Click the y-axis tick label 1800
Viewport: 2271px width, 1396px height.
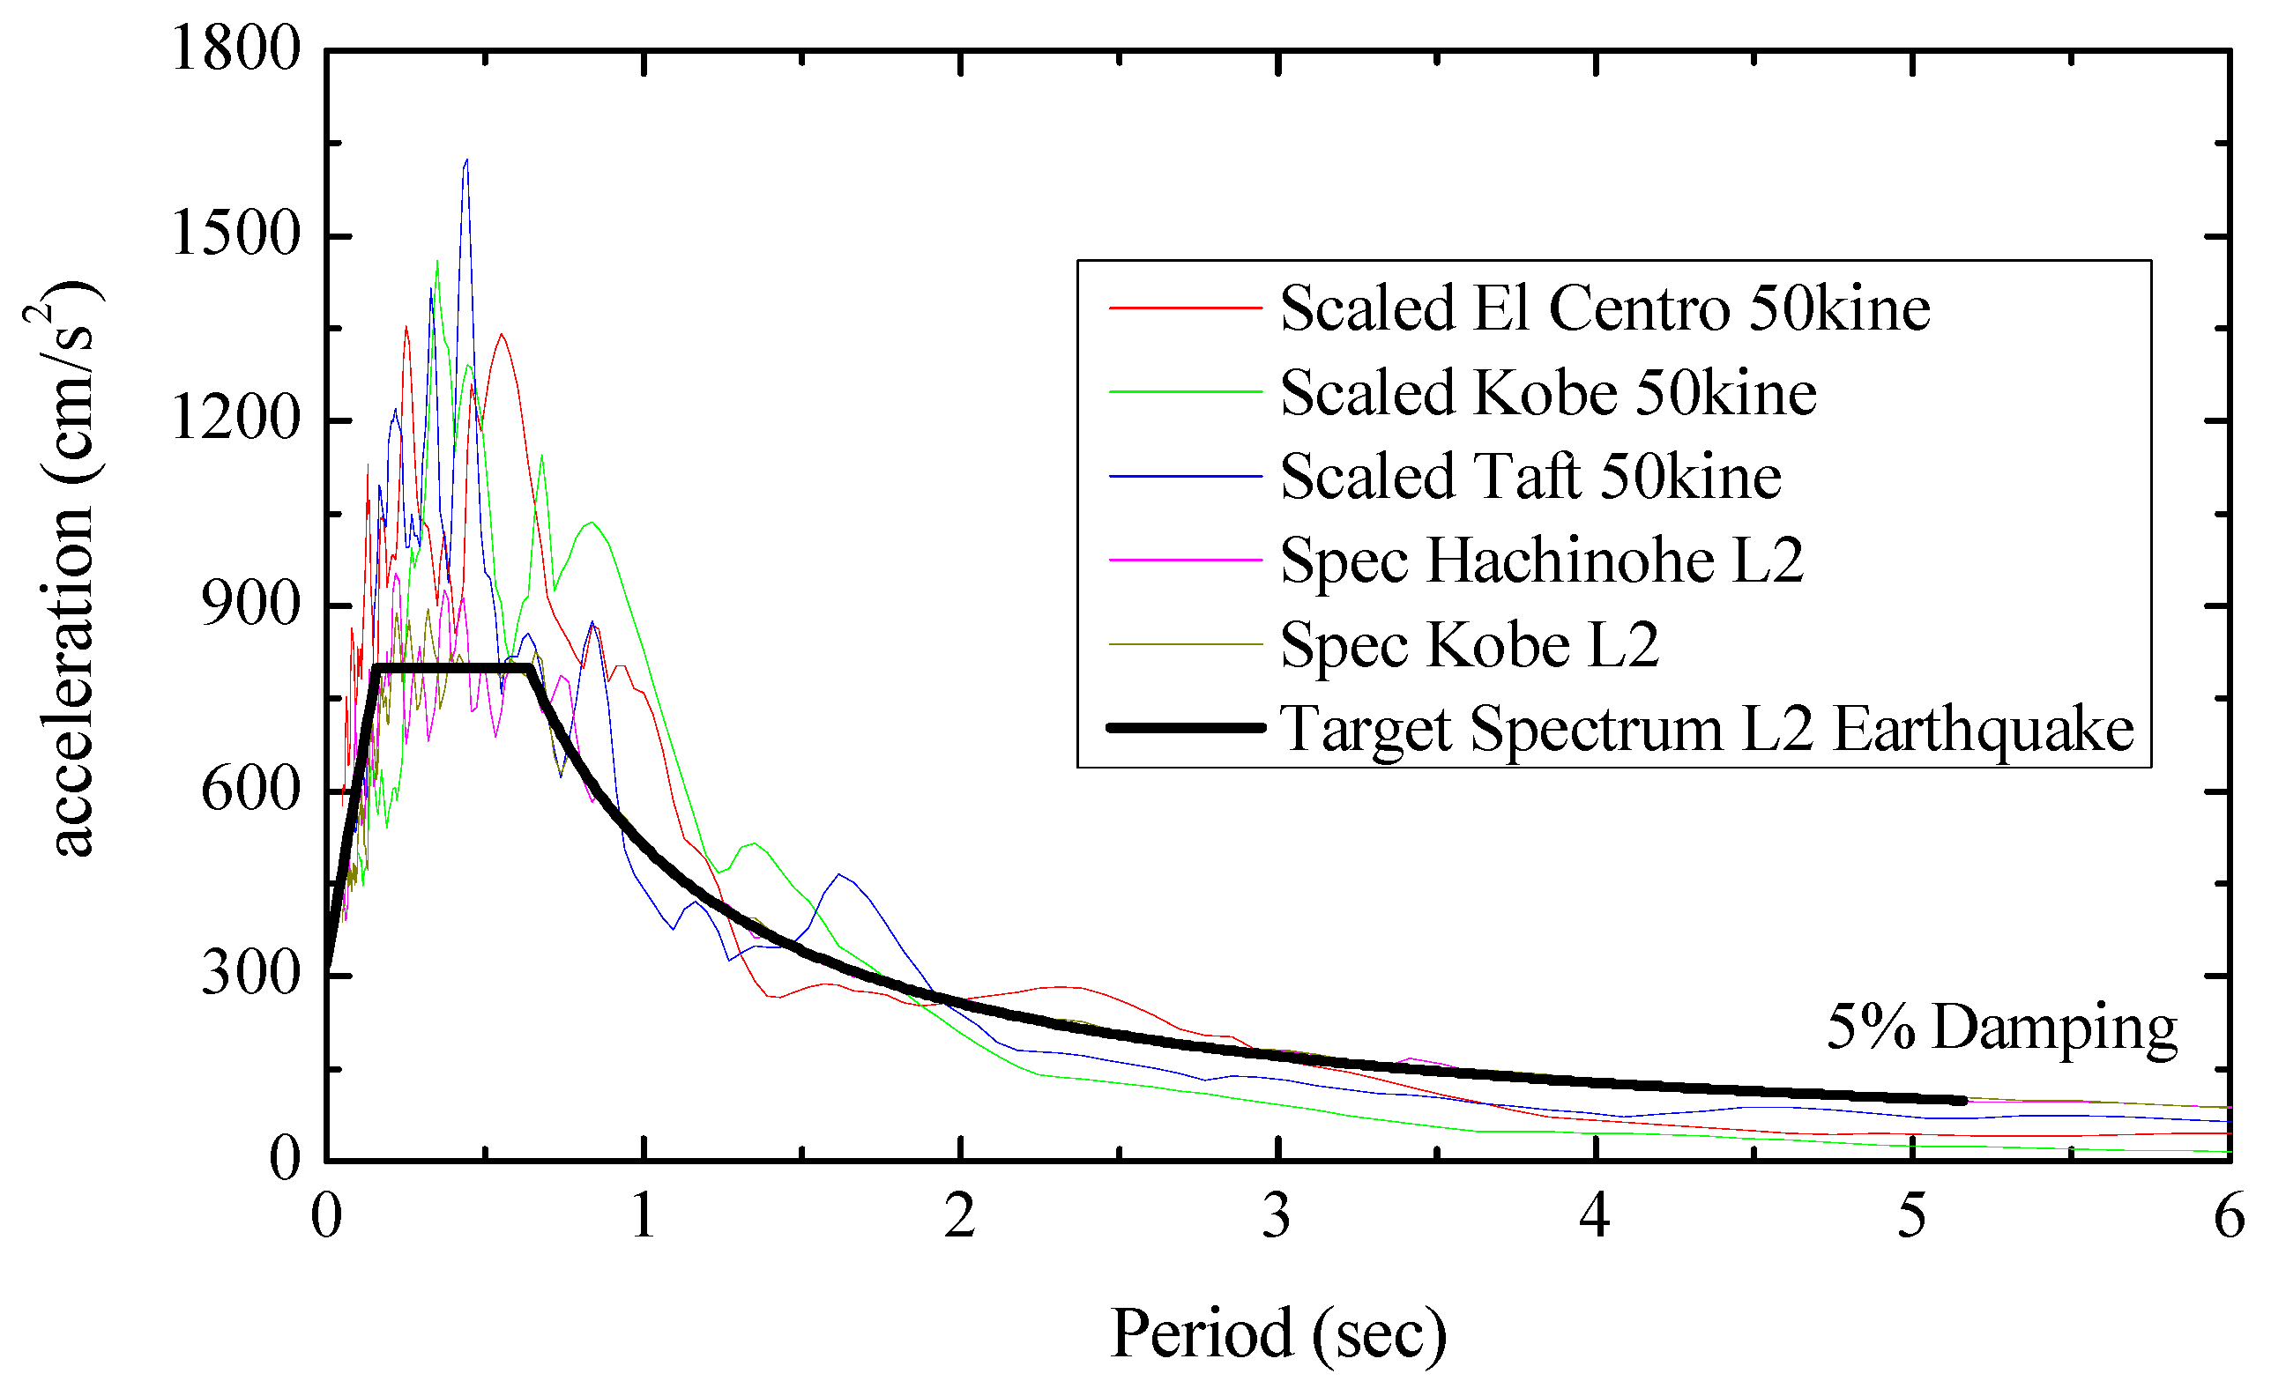(235, 48)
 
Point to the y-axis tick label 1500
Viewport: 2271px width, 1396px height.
(235, 233)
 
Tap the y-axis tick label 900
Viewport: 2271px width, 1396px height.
(250, 605)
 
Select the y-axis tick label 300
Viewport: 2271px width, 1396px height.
(250, 974)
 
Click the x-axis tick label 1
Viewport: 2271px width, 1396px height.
(644, 1216)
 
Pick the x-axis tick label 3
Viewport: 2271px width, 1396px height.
(1277, 1216)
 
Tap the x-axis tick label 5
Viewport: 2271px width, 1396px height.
(1911, 1216)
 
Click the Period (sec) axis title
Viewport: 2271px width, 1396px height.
(1278, 1335)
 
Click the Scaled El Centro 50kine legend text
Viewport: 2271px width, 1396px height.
(1605, 308)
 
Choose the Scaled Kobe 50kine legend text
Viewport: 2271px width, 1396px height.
(1548, 393)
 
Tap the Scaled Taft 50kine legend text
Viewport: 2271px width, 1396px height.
(1530, 478)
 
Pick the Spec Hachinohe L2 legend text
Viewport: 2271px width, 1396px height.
(1541, 561)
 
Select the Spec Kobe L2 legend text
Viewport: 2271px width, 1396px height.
(1470, 645)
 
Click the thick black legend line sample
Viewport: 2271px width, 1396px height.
(1185, 729)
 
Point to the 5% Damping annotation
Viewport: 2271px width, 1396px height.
(2002, 1028)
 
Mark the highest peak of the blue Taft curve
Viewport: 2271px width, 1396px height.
(466, 160)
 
